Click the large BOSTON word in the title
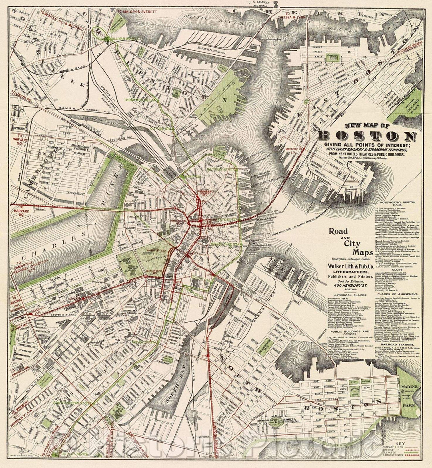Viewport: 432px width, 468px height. point(367,136)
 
